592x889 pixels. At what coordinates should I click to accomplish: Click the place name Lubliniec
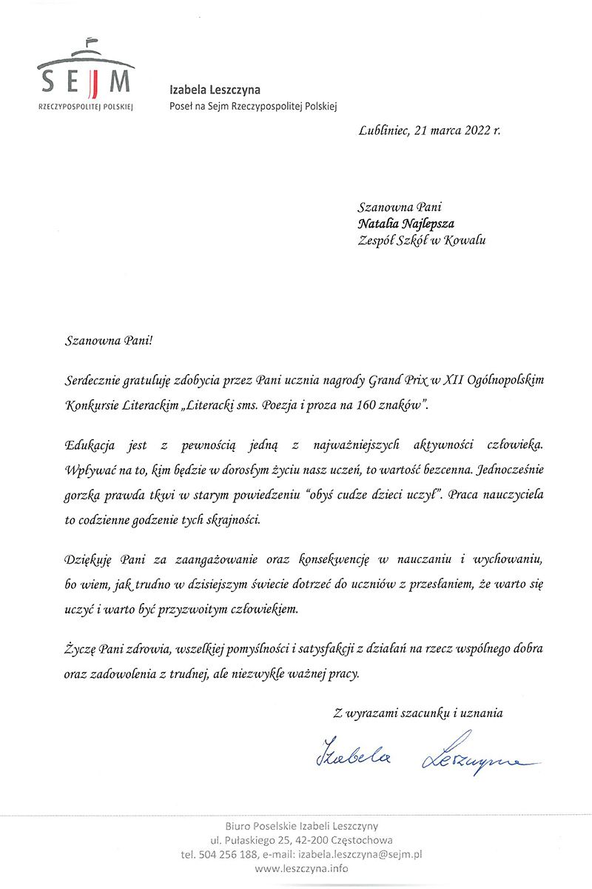tap(383, 130)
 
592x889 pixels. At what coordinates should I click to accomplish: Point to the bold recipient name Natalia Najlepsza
tap(406, 223)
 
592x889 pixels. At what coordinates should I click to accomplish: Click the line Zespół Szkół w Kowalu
tap(421, 239)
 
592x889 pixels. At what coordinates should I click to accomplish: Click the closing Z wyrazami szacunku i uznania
tap(418, 713)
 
